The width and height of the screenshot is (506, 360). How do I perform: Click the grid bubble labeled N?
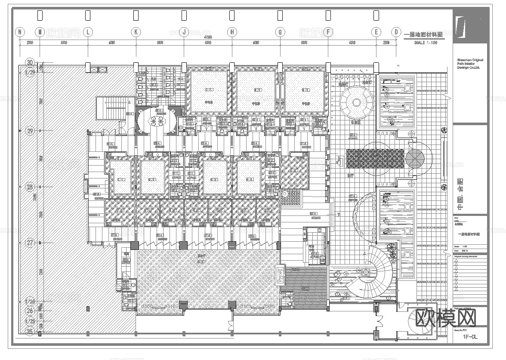pos(20,32)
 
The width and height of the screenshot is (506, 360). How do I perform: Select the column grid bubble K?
pos(136,32)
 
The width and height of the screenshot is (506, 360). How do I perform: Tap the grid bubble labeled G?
pos(280,32)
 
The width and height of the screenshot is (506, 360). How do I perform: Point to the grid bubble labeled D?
pos(395,32)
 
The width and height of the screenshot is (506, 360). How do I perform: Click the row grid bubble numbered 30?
pos(30,62)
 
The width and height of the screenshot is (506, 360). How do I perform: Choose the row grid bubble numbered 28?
pos(30,187)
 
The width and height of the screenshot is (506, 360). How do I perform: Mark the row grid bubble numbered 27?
pos(30,243)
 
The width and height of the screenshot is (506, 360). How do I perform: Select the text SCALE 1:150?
pos(426,43)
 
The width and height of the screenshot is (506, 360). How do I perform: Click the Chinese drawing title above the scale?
pos(423,35)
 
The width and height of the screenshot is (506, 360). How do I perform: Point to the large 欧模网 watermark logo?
pos(446,318)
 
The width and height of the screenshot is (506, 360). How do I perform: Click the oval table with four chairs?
pos(156,122)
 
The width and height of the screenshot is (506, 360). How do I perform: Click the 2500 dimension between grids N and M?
pos(30,43)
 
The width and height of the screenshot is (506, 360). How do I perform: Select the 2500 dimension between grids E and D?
pos(386,43)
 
